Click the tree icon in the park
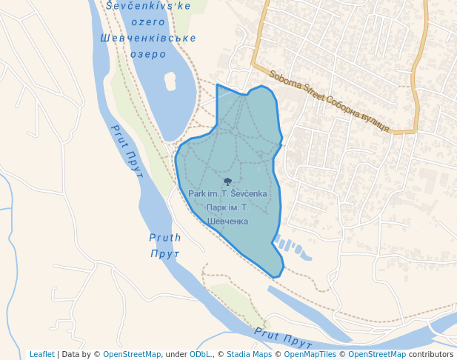click(x=227, y=181)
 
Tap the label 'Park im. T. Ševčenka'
click(x=227, y=194)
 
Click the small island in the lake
click(x=170, y=81)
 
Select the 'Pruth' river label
click(x=165, y=238)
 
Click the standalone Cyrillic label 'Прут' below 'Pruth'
click(x=165, y=254)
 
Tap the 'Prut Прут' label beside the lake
click(x=127, y=147)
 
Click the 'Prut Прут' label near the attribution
click(x=283, y=338)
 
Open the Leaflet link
click(x=42, y=354)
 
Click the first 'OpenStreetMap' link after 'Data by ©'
click(x=132, y=354)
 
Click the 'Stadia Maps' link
click(x=249, y=354)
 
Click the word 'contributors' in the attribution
click(x=431, y=354)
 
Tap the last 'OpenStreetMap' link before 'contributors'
click(x=377, y=354)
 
